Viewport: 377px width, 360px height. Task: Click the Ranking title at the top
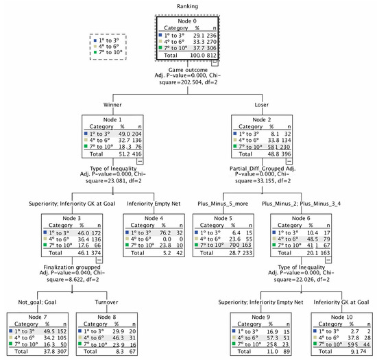(186, 7)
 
